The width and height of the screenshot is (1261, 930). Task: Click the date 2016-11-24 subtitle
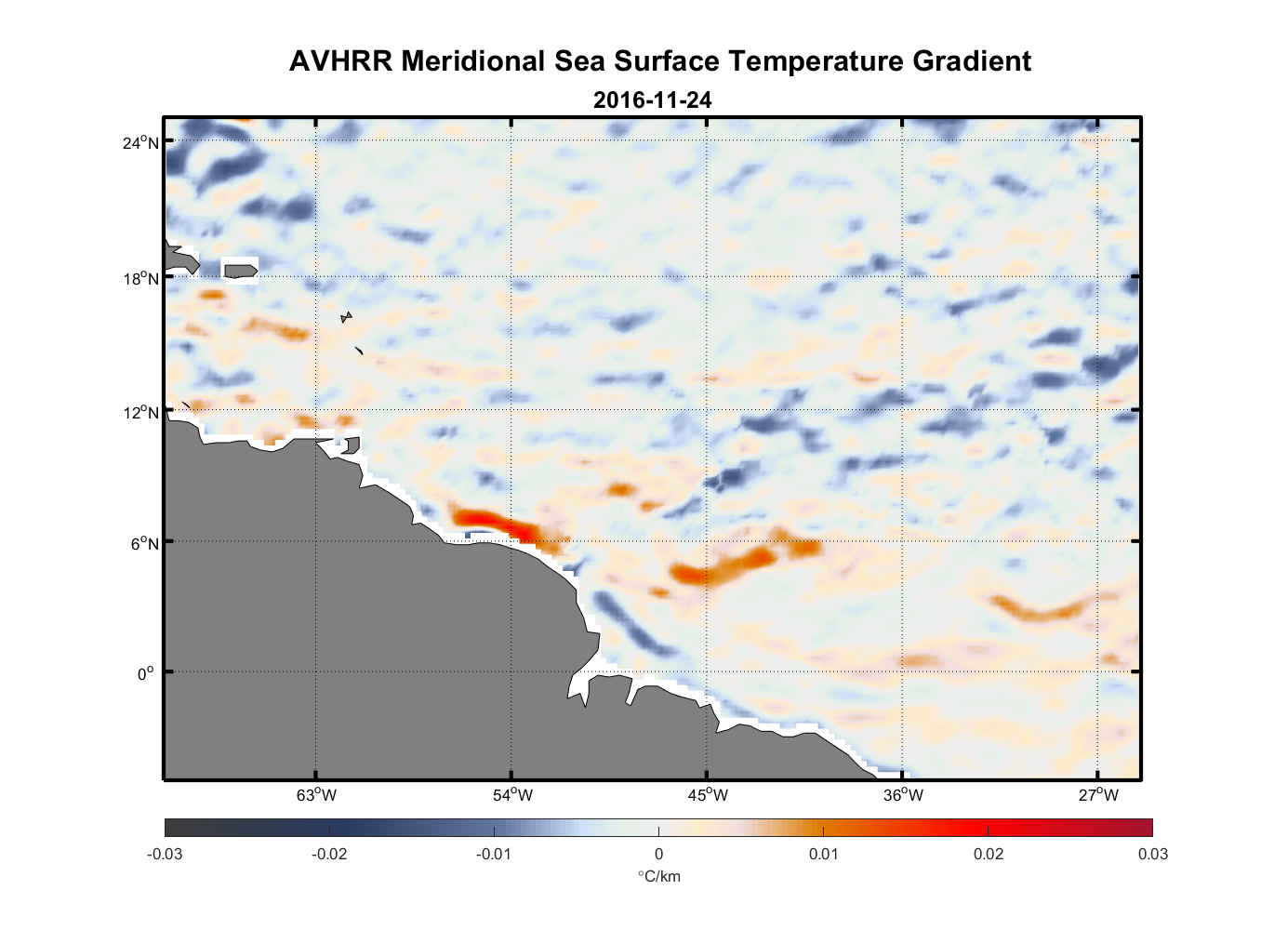tap(652, 100)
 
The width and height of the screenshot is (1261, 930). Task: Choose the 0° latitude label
tap(146, 673)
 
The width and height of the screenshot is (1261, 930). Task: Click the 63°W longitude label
tap(316, 794)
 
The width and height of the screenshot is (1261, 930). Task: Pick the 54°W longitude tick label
tap(512, 794)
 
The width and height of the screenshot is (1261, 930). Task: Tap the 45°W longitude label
tap(708, 794)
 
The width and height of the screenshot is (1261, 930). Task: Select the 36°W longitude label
tap(903, 794)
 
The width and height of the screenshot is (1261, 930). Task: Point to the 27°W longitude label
tap(1098, 794)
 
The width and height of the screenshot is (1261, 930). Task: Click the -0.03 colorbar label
tap(165, 854)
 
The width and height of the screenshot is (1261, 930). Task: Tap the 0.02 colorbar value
tap(988, 854)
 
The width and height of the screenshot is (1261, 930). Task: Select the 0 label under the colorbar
tap(658, 854)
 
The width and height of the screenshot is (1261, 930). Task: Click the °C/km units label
tap(658, 876)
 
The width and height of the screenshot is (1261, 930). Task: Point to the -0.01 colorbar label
tap(494, 854)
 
